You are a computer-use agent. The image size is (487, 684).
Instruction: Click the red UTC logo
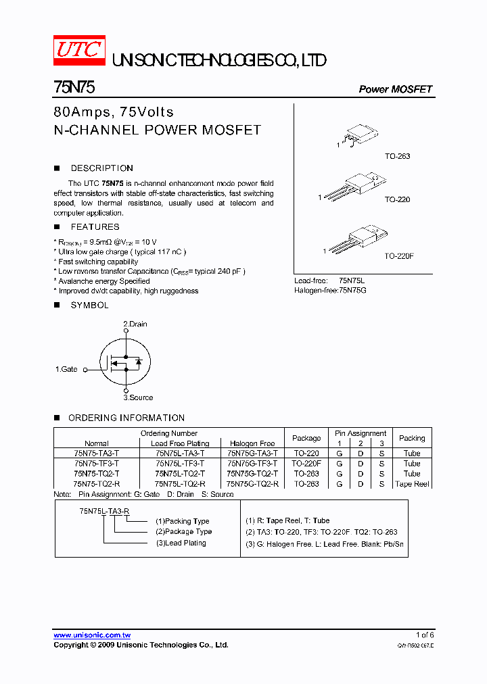(79, 51)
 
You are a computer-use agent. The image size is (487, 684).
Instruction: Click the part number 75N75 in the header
(75, 88)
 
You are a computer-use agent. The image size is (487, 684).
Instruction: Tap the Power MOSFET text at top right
(395, 89)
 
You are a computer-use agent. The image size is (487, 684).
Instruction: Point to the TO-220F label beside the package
(399, 256)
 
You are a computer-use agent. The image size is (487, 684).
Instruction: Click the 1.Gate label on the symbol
(66, 369)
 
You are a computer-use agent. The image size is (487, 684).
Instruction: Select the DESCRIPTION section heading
(101, 168)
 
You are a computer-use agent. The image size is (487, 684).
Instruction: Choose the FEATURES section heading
(95, 227)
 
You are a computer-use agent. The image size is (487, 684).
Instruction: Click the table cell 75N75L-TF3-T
(179, 464)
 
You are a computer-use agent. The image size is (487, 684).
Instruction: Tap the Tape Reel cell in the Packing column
(412, 484)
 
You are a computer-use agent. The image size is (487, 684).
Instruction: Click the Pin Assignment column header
(361, 433)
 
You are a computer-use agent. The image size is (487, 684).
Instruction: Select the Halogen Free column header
(252, 443)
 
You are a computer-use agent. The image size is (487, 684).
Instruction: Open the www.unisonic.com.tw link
(92, 635)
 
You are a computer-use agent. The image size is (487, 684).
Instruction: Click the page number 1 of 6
(424, 635)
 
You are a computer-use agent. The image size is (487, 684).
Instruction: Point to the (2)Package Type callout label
(183, 532)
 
